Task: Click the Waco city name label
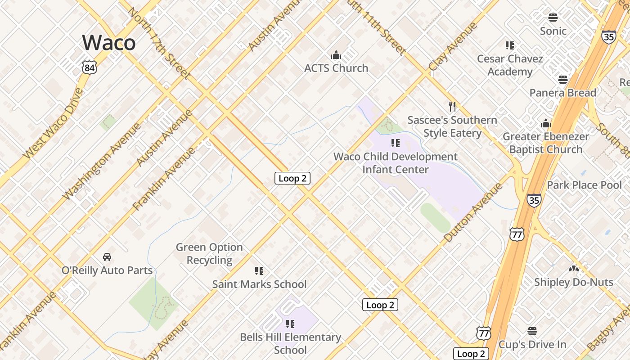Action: (108, 42)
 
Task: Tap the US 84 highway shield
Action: (90, 68)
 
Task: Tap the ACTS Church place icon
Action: (336, 55)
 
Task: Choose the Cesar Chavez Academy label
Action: (510, 65)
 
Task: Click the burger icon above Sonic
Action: (553, 18)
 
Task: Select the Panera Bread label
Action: (563, 93)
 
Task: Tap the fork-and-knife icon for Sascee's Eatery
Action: (452, 107)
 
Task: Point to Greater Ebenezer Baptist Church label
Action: (546, 143)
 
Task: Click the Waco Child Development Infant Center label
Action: (396, 163)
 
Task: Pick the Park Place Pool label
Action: (584, 185)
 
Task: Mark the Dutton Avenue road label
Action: (472, 212)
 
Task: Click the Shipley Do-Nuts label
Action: (573, 282)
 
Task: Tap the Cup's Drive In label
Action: (532, 344)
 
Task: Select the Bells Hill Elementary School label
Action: (290, 343)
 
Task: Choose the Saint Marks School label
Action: (259, 284)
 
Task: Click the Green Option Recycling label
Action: (209, 253)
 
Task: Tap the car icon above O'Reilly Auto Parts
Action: (107, 257)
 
